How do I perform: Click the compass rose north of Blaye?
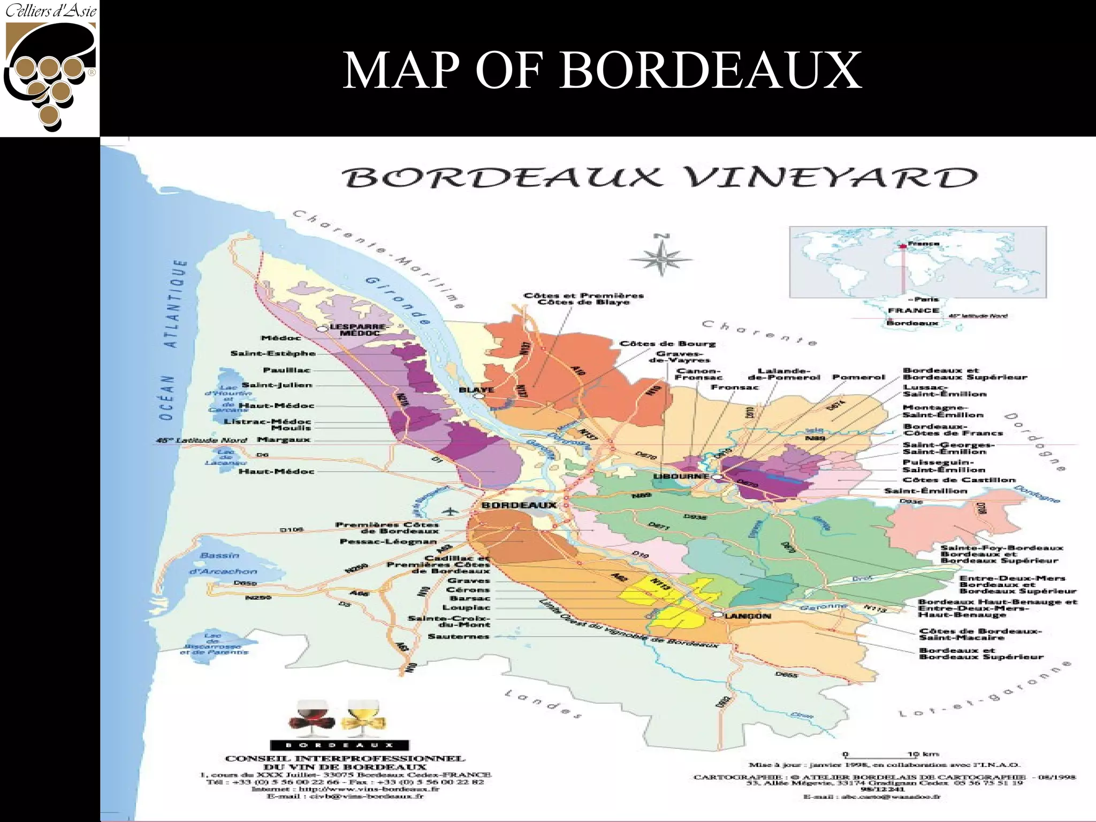(661, 259)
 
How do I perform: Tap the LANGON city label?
(748, 616)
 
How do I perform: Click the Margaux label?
(284, 440)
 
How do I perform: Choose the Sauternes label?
(458, 636)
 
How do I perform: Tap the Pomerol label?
(858, 377)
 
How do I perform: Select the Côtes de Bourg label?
(667, 344)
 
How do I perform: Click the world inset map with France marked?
(917, 262)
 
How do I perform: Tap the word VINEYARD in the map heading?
(833, 178)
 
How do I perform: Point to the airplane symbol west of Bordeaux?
(453, 512)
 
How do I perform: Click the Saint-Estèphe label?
(273, 354)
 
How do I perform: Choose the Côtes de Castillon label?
(958, 480)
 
